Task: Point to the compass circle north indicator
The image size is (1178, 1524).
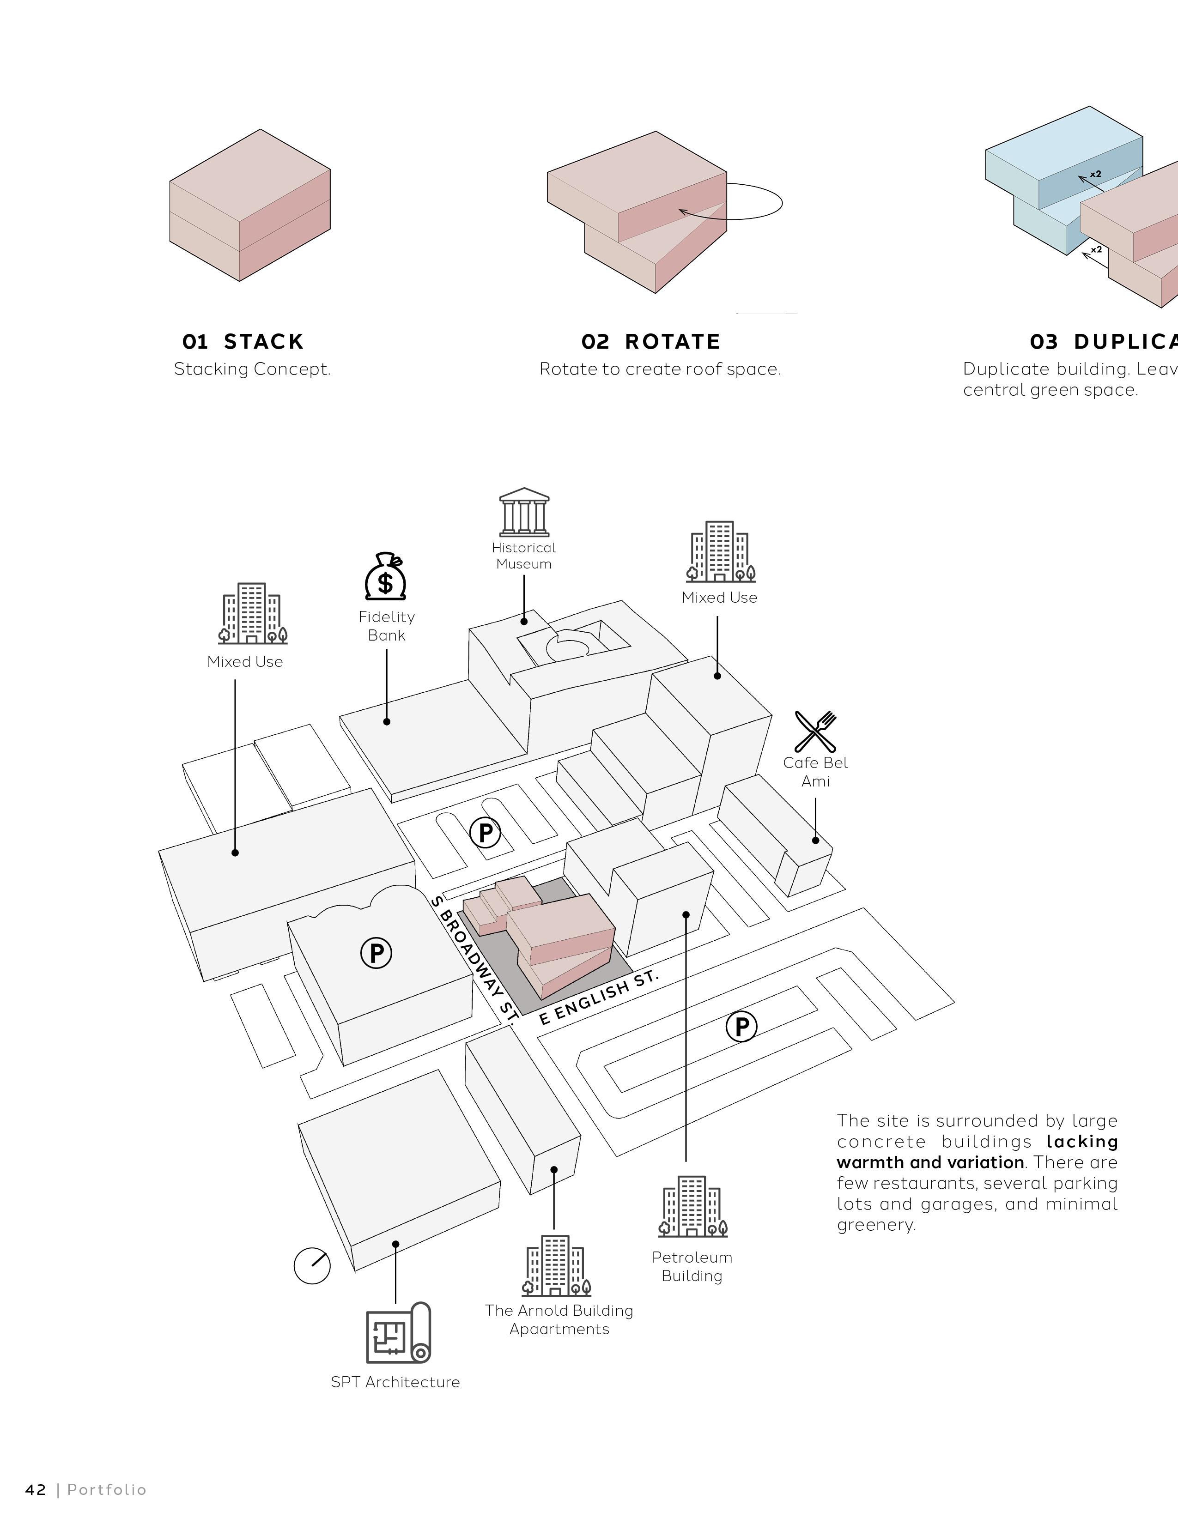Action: [x=312, y=1264]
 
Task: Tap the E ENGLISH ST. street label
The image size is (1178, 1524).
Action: [x=599, y=997]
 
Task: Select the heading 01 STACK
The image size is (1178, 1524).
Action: [x=243, y=341]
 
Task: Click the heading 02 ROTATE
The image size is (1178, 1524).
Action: [x=650, y=341]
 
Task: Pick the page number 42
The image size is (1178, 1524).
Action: [x=36, y=1490]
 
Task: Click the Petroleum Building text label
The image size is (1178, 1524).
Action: [x=692, y=1266]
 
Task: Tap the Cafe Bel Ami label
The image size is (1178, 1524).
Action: [x=815, y=772]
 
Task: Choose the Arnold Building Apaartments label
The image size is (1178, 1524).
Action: [x=559, y=1319]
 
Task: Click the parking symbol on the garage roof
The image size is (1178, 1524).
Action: [x=376, y=952]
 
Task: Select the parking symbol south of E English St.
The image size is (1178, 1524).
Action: [x=741, y=1027]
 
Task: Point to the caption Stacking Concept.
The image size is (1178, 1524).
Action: [x=252, y=369]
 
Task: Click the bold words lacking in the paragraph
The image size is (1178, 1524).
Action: [x=1082, y=1142]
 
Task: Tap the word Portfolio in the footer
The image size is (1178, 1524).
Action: [x=107, y=1490]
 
